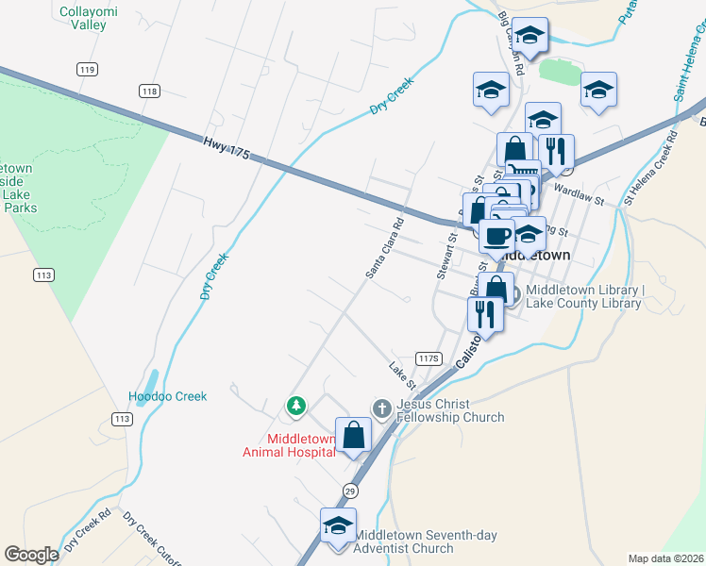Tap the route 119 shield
point(87,69)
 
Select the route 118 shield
point(148,91)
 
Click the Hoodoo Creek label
point(167,396)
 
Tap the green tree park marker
point(296,406)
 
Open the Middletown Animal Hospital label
point(301,445)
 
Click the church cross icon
point(381,408)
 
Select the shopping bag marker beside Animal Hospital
point(354,436)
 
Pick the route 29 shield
point(350,491)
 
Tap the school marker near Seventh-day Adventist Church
point(337,526)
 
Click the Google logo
point(31,555)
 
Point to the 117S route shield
point(429,358)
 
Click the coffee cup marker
point(497,235)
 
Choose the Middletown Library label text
point(584,296)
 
